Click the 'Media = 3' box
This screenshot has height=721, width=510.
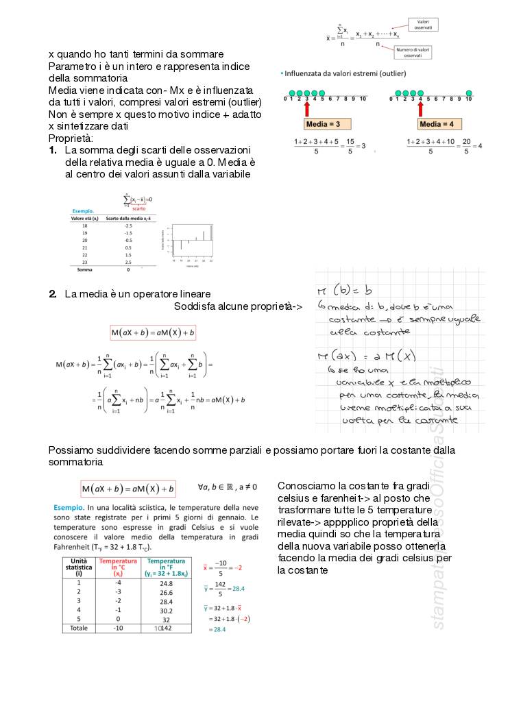327,124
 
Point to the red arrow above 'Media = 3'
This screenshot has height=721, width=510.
306,108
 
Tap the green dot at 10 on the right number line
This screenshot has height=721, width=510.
469,93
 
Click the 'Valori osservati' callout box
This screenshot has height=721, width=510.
423,25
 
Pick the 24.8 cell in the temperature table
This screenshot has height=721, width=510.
165,583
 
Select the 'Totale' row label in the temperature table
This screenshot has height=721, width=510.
80,627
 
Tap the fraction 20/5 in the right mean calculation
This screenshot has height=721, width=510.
465,146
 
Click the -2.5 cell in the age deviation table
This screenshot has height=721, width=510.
127,225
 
